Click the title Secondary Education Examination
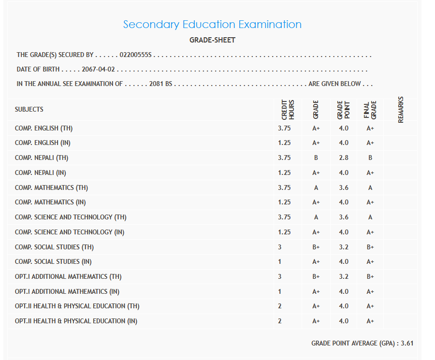(x=212, y=24)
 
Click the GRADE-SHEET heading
(x=212, y=40)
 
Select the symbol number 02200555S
(x=135, y=55)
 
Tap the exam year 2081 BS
(x=160, y=84)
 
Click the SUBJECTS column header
(x=29, y=109)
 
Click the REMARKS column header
(x=401, y=110)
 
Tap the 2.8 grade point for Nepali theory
(x=343, y=158)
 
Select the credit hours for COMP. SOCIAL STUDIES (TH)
(x=280, y=247)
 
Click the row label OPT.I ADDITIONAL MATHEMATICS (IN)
(x=67, y=291)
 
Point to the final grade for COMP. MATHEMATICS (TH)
(x=370, y=187)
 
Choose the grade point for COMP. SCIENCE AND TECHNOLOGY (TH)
(x=343, y=217)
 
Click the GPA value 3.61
(x=407, y=343)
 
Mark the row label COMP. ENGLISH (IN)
(x=43, y=143)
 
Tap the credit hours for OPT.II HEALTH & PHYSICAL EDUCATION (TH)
(x=280, y=306)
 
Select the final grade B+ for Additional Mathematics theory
(x=370, y=276)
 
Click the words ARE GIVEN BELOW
(x=335, y=84)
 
